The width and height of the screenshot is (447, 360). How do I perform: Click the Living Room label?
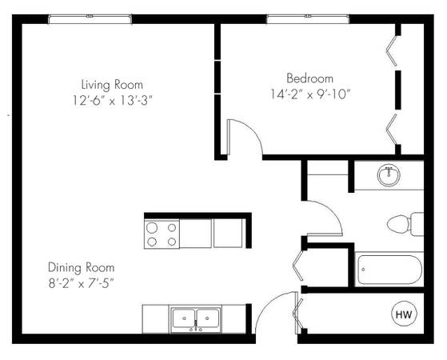(112, 85)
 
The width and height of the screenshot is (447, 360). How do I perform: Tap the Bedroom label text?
(310, 78)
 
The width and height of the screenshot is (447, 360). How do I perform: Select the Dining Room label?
(82, 267)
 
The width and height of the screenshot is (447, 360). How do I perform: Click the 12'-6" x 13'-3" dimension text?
(112, 101)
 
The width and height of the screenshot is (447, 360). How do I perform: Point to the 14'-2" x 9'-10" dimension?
(310, 94)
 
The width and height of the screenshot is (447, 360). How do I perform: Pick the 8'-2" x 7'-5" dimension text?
(82, 283)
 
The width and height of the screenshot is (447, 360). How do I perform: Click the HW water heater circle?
(404, 314)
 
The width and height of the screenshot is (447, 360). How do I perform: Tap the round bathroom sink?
(389, 175)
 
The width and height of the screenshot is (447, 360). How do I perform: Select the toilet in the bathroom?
(405, 224)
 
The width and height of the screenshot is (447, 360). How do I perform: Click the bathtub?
(389, 270)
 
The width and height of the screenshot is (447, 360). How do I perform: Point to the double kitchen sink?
(196, 319)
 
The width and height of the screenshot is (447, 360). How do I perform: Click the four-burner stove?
(162, 234)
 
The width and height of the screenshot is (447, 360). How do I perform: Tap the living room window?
(90, 19)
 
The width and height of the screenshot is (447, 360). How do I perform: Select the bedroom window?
(308, 19)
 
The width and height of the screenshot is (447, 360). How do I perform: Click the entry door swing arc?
(265, 304)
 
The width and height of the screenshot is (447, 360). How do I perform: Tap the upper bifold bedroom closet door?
(391, 50)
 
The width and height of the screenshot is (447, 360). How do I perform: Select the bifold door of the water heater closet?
(297, 314)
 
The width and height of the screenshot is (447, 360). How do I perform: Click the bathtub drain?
(363, 269)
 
